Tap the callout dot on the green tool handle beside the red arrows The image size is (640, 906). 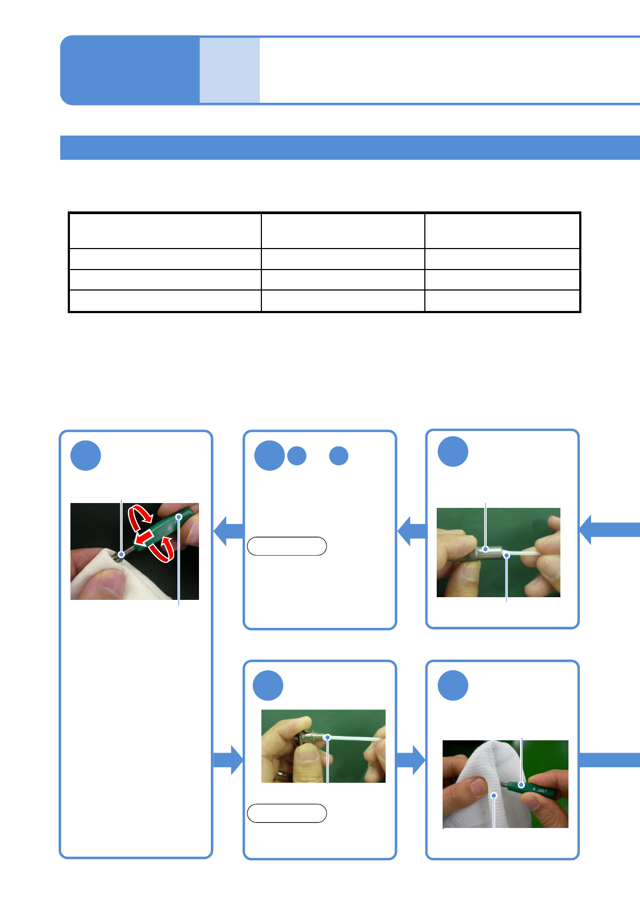(179, 517)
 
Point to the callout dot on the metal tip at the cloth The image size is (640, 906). (122, 555)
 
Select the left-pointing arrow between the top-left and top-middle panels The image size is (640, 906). (228, 530)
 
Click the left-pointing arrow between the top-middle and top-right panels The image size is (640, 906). (411, 530)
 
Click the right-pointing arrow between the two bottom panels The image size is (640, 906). (410, 760)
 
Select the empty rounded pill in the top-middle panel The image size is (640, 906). (287, 546)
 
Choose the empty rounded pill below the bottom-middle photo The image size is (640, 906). (287, 813)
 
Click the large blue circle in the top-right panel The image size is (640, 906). (453, 451)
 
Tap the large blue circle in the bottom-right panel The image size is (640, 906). (453, 685)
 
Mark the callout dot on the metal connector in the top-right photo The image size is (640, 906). (486, 549)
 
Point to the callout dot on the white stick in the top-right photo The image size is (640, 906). (507, 555)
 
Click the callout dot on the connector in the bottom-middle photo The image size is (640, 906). (327, 737)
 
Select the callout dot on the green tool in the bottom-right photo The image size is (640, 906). (521, 785)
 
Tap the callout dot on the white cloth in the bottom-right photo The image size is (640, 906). (494, 795)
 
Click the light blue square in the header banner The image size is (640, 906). (230, 70)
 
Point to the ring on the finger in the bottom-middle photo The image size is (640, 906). (281, 774)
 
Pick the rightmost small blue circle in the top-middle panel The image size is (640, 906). (339, 456)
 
